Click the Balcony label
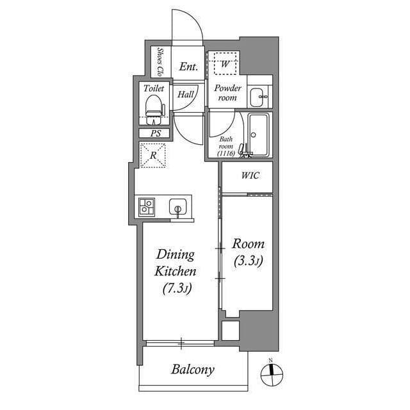click(192, 370)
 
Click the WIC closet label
click(250, 176)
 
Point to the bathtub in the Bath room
click(259, 135)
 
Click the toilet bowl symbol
click(154, 109)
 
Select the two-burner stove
click(147, 207)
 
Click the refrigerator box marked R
click(152, 156)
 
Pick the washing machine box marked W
click(225, 63)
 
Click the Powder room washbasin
click(260, 96)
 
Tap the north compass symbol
click(271, 373)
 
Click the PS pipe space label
click(155, 134)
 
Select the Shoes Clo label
click(161, 61)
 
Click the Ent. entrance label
click(188, 67)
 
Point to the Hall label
click(186, 94)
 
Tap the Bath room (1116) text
click(226, 146)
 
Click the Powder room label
click(227, 93)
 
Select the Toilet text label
click(154, 88)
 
